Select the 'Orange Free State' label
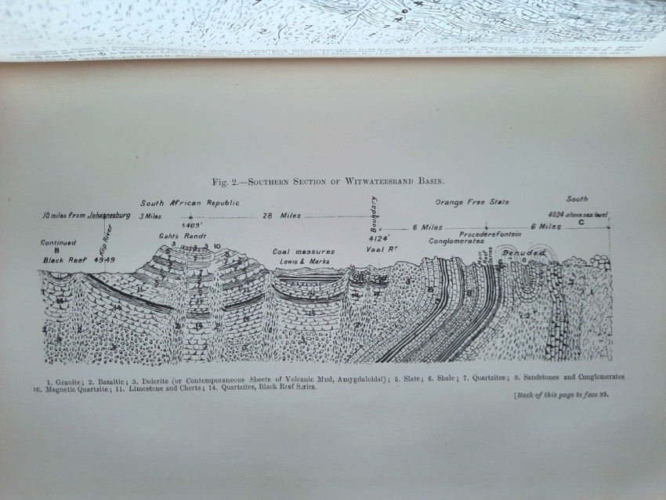[x=472, y=202]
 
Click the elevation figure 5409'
[x=190, y=225]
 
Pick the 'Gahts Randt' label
[x=176, y=235]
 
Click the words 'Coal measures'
[x=304, y=252]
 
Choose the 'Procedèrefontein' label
[x=490, y=234]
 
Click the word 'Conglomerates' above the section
[x=455, y=241]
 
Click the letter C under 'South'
[x=580, y=222]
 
